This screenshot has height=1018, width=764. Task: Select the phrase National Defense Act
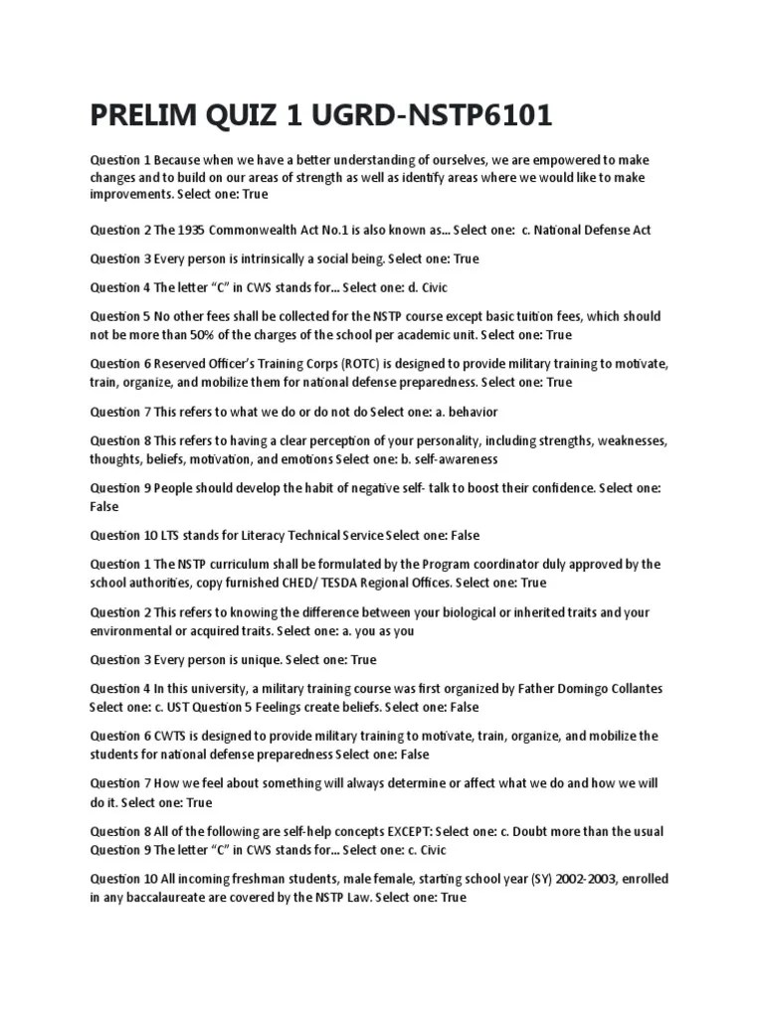point(592,230)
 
